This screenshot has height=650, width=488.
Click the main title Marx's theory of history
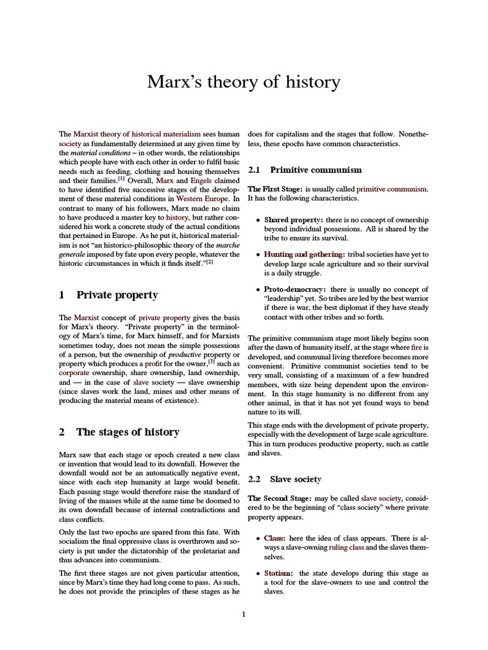tap(244, 83)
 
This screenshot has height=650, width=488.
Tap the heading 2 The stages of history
tap(119, 432)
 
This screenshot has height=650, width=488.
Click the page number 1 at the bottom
tap(243, 613)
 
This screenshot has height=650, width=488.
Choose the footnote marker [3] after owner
tap(200, 361)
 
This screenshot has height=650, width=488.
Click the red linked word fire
tap(416, 347)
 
